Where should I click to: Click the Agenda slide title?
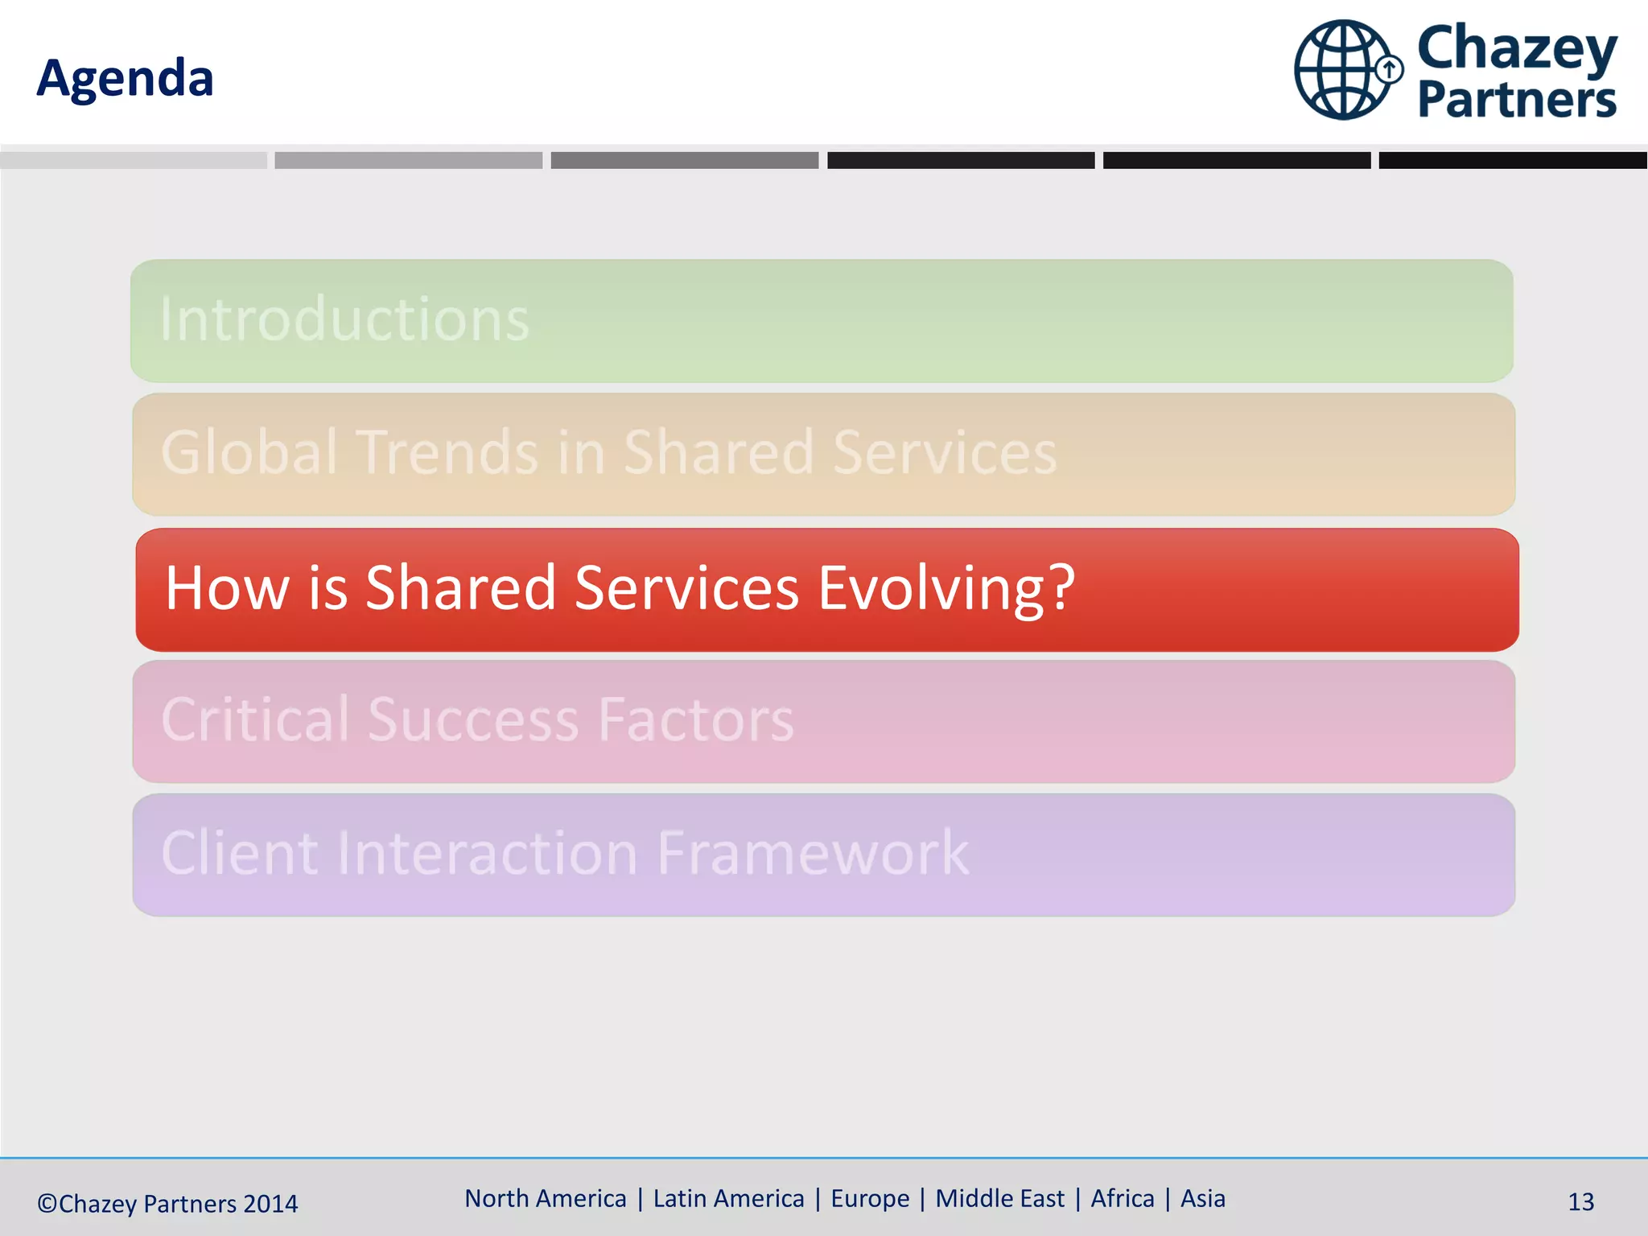tap(125, 79)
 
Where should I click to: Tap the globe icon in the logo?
tap(1342, 70)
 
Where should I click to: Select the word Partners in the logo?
tap(1516, 100)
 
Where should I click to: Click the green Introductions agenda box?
tap(821, 320)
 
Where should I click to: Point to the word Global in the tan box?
tap(249, 452)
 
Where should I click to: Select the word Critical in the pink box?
tap(256, 719)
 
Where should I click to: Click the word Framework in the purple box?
tap(813, 853)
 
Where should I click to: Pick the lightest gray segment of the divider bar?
tap(134, 160)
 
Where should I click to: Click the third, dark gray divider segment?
tap(684, 160)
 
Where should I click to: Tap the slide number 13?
tap(1580, 1202)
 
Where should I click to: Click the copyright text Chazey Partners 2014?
tap(167, 1204)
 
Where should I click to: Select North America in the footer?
tap(546, 1198)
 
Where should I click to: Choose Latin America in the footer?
tap(728, 1198)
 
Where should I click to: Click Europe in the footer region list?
tap(870, 1198)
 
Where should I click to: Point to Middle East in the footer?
tap(999, 1198)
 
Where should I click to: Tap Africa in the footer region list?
tap(1123, 1198)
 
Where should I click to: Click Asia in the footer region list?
tap(1203, 1198)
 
